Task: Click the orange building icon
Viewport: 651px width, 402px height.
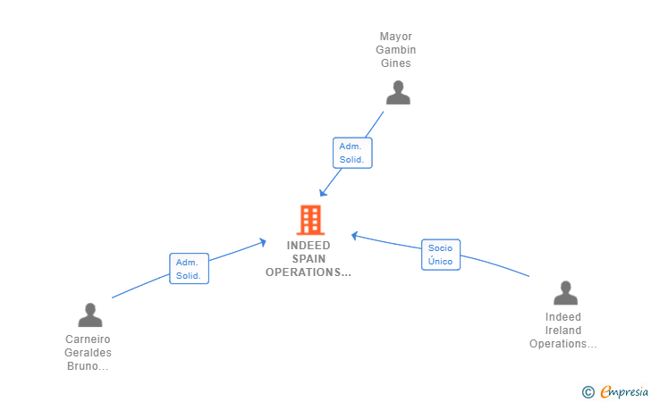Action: click(x=310, y=219)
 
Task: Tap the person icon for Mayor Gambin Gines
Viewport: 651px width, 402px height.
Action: click(x=398, y=92)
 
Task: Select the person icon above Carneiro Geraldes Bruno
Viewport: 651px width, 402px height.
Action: click(x=89, y=314)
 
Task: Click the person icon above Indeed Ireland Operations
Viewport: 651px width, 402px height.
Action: click(x=565, y=293)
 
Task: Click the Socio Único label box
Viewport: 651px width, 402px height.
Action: click(x=440, y=255)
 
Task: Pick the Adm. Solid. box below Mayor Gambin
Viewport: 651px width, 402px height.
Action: click(x=352, y=153)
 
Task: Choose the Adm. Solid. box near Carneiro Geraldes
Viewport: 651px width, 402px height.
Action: click(x=189, y=269)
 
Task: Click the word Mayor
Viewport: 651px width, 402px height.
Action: click(x=395, y=37)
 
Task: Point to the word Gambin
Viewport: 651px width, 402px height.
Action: click(x=395, y=50)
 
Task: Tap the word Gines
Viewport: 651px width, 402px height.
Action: click(x=395, y=63)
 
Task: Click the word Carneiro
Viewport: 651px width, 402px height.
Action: click(x=88, y=339)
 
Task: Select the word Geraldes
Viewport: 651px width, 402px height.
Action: click(x=88, y=353)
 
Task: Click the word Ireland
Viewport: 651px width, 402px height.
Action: click(x=563, y=331)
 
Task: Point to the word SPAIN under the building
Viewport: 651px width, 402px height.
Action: click(x=309, y=259)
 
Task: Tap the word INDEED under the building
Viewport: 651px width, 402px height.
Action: click(x=309, y=246)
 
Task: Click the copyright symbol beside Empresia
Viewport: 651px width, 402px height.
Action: click(x=588, y=391)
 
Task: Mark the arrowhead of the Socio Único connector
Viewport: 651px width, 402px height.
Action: click(x=354, y=236)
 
